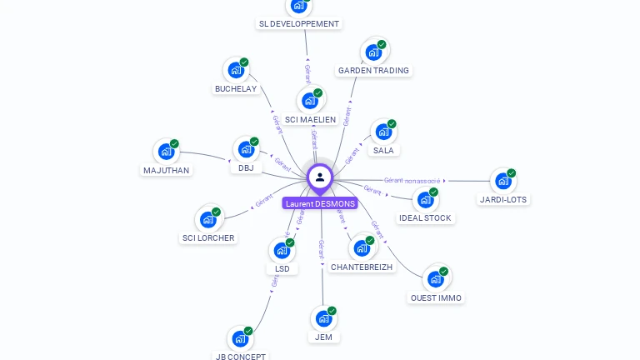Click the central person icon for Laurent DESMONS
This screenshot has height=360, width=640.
[x=320, y=177]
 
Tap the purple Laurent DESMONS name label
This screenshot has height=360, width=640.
[x=320, y=203]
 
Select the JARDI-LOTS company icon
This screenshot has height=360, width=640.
[x=502, y=181]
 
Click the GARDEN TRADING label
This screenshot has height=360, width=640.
[x=373, y=71]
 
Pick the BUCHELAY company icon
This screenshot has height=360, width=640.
[x=236, y=71]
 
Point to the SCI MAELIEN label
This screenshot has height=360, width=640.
[x=310, y=119]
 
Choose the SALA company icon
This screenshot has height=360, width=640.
[x=382, y=132]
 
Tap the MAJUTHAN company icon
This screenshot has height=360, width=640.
[x=167, y=152]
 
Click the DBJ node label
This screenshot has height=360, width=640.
[x=246, y=167]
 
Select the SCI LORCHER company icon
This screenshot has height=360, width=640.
[x=207, y=219]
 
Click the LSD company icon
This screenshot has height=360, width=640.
[x=282, y=250]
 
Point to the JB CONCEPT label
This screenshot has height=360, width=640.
[x=241, y=357]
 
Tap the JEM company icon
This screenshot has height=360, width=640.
[x=323, y=318]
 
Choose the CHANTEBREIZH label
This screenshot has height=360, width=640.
[x=362, y=267]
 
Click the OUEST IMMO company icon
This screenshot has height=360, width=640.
[x=435, y=278]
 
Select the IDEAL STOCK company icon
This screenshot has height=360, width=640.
[x=425, y=199]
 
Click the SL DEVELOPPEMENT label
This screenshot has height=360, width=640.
[x=299, y=24]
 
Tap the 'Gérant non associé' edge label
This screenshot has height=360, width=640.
[x=412, y=180]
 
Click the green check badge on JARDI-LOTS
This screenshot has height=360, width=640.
[x=512, y=173]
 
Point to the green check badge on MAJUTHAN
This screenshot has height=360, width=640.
[x=175, y=143]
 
